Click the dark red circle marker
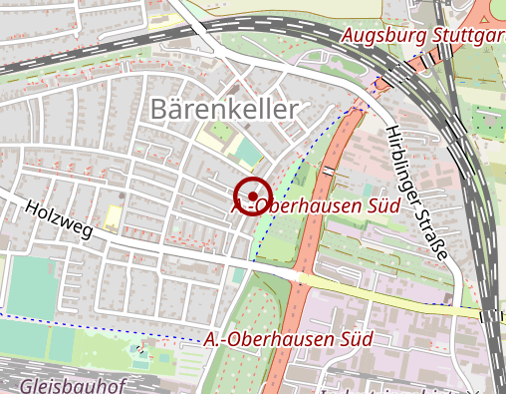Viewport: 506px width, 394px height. click(254, 195)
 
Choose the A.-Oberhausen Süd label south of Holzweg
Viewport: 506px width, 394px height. click(289, 339)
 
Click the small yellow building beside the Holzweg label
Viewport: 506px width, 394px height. click(114, 215)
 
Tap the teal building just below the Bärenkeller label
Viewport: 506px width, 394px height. click(246, 152)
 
